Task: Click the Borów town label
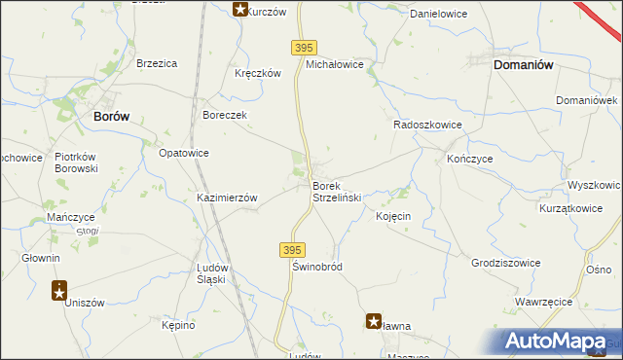(111, 116)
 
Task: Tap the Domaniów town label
(524, 64)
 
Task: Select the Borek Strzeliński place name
(337, 192)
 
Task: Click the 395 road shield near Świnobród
(293, 249)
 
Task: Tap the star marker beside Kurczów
(240, 10)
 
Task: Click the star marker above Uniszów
(59, 289)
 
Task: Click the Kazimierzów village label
(227, 198)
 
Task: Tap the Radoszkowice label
(426, 126)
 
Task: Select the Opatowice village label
(183, 153)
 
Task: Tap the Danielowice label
(439, 15)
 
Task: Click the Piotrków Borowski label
(76, 162)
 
